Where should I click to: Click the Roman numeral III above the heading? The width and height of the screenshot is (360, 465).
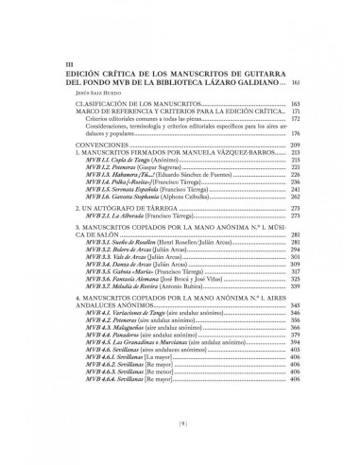(x=65, y=63)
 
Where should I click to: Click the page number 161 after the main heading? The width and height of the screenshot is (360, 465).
(x=296, y=82)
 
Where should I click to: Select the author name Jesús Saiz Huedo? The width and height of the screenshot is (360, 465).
(x=80, y=94)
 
